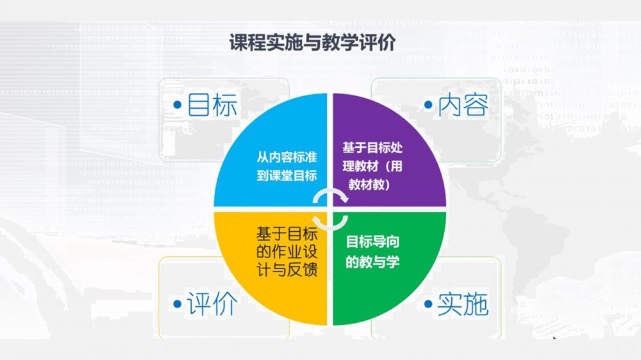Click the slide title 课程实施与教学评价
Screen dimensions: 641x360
(x=312, y=43)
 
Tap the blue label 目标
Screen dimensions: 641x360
(x=212, y=105)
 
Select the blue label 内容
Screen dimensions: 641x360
(x=463, y=105)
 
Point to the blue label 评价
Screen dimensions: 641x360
(x=212, y=304)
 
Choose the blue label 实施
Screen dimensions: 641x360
(x=463, y=304)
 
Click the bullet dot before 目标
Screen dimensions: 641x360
(x=178, y=105)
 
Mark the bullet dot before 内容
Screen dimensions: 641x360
(x=428, y=105)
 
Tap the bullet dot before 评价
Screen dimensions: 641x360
(x=178, y=304)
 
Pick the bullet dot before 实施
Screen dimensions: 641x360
(x=428, y=304)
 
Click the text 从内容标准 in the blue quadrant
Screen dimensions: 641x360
(x=287, y=157)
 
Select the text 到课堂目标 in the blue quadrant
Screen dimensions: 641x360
(x=287, y=176)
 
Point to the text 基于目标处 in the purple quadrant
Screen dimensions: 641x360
(x=372, y=147)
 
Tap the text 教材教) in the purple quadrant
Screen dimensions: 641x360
(x=369, y=184)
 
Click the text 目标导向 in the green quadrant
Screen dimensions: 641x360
(x=372, y=242)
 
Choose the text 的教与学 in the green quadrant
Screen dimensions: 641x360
(x=372, y=261)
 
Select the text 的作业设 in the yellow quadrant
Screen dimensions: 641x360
(x=287, y=252)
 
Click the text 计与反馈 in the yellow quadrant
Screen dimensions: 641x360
(x=287, y=270)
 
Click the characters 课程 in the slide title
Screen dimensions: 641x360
(x=247, y=43)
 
